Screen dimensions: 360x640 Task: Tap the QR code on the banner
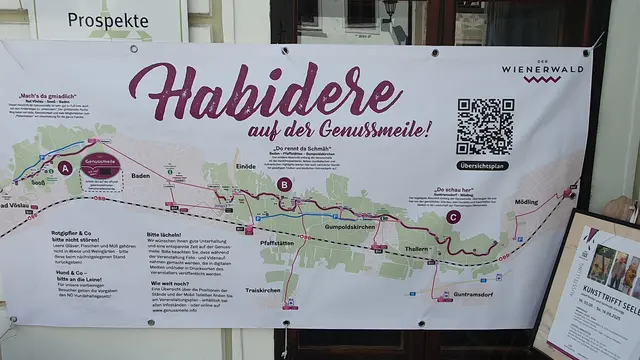tap(484, 126)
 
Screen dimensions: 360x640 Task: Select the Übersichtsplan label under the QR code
tap(483, 165)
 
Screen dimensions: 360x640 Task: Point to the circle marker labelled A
tap(66, 168)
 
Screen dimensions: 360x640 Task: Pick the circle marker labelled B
tap(284, 184)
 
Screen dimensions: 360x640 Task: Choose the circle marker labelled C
tap(454, 216)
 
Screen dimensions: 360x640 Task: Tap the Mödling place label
tap(526, 202)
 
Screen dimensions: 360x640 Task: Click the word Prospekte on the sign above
tap(101, 19)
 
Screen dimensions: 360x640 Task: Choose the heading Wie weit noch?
tap(169, 282)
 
